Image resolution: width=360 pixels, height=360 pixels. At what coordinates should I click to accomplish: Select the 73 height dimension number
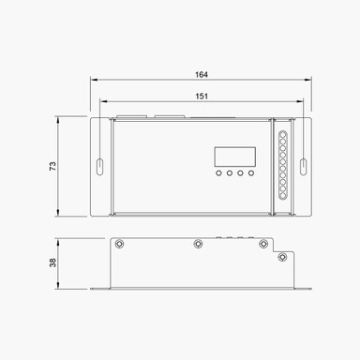53,166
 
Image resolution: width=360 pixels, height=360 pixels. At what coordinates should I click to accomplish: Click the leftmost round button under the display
218,173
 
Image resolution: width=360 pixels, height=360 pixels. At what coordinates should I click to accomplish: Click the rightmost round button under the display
251,173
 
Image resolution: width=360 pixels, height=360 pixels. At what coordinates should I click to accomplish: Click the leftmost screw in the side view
120,244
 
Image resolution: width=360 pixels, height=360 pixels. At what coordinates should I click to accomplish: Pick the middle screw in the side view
197,244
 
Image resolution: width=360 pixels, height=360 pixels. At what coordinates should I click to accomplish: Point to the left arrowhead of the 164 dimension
93,80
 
